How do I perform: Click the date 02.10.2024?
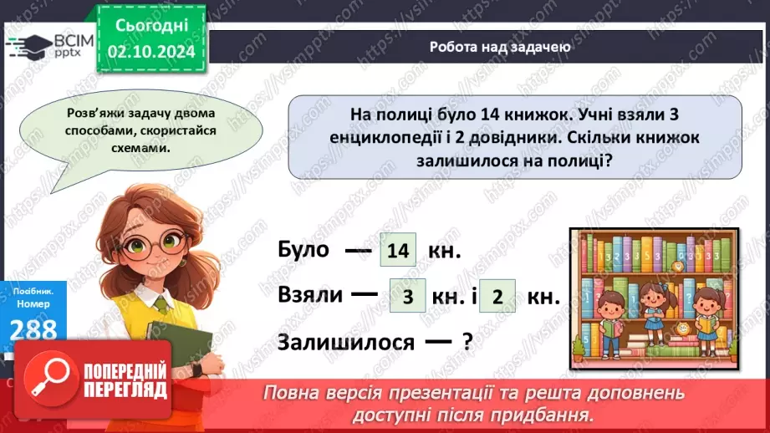(152, 51)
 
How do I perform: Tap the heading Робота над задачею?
(500, 47)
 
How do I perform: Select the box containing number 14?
(397, 251)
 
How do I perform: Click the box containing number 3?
(408, 298)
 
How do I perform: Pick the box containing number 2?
(497, 298)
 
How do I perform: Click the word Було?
(303, 252)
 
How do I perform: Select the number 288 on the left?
(33, 327)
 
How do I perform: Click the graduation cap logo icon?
(30, 43)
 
